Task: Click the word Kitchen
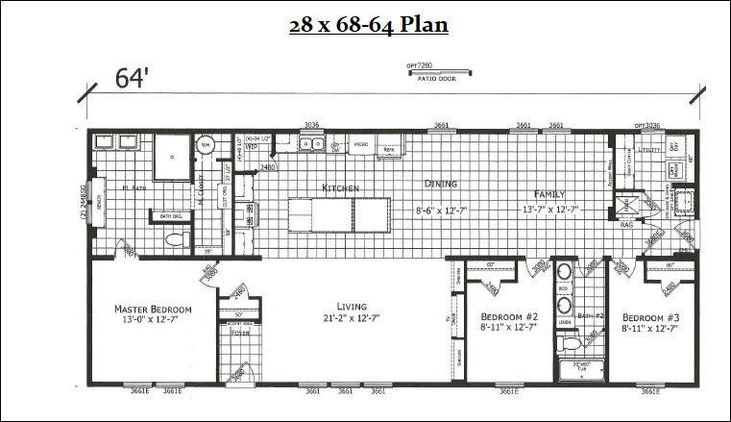pyautogui.click(x=341, y=187)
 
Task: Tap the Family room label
pyautogui.click(x=551, y=193)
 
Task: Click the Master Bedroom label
pyautogui.click(x=153, y=310)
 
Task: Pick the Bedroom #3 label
pyautogui.click(x=649, y=316)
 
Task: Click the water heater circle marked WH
pyautogui.click(x=205, y=146)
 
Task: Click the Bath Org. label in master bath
pyautogui.click(x=158, y=217)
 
